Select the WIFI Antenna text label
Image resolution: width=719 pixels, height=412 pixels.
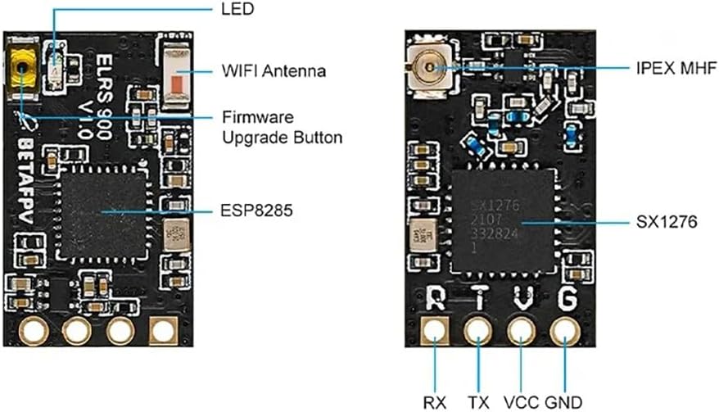point(274,71)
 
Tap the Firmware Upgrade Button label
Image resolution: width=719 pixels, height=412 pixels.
point(282,127)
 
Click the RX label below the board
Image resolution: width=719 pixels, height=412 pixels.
point(434,401)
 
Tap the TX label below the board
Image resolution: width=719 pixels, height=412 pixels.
point(478,401)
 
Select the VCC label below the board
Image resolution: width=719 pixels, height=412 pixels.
point(522,401)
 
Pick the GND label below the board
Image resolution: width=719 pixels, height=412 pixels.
point(563,401)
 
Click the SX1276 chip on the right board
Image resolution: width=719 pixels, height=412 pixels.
point(501,223)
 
